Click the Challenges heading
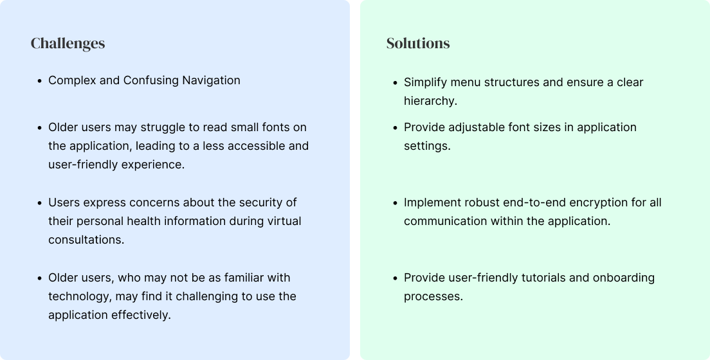pos(68,43)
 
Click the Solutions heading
pos(418,43)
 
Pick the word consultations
pos(86,240)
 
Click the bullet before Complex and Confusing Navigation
pos(40,81)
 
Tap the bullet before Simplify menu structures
pos(396,83)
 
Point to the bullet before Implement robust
pos(396,203)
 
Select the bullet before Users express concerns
pos(40,203)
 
